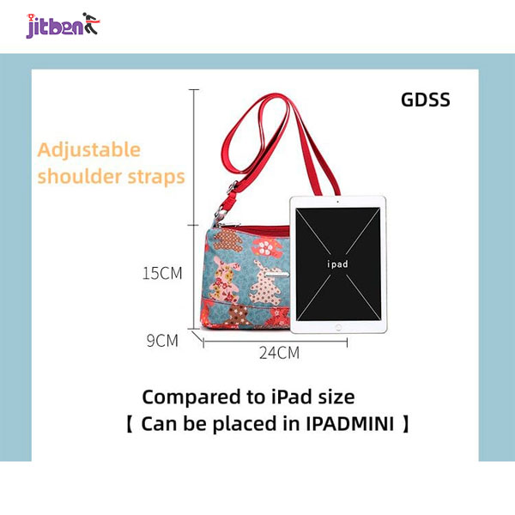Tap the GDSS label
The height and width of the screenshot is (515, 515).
click(x=426, y=100)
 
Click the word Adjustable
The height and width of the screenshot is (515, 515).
click(x=89, y=151)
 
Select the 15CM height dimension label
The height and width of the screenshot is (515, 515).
click(x=162, y=273)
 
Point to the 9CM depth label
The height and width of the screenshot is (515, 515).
click(x=162, y=341)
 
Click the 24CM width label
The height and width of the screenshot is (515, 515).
click(x=279, y=353)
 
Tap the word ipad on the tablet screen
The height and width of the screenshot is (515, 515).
click(x=337, y=264)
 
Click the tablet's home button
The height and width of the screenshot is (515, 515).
click(x=338, y=327)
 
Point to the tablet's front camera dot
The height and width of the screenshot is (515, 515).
click(x=337, y=202)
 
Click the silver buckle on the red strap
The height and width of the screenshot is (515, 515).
click(x=233, y=187)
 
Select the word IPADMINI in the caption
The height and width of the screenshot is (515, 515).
click(x=350, y=424)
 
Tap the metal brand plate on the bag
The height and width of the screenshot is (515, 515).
click(x=276, y=275)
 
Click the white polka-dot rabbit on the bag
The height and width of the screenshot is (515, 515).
click(x=264, y=282)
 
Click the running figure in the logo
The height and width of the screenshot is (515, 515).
click(x=91, y=23)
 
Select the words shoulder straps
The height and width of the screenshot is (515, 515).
click(x=112, y=177)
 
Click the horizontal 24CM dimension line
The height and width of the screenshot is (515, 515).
click(x=276, y=342)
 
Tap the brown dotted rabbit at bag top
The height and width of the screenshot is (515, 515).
click(x=227, y=239)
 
